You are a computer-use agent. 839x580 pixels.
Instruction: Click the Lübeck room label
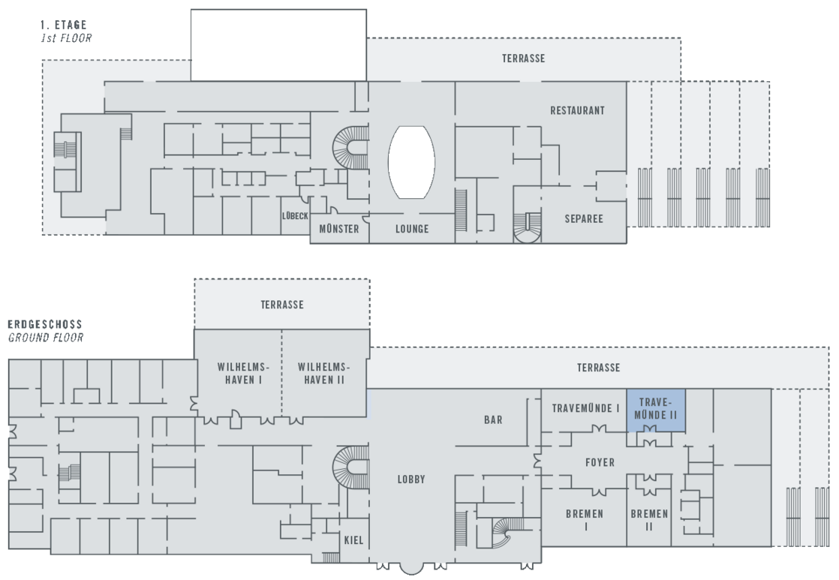click(295, 215)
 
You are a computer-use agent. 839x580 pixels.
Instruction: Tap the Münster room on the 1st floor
click(339, 229)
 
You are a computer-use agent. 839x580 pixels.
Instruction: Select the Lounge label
click(412, 229)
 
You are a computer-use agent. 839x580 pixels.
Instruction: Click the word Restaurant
click(577, 110)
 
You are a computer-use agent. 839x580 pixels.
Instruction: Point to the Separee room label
click(584, 219)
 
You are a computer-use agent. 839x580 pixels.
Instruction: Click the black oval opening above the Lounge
click(411, 162)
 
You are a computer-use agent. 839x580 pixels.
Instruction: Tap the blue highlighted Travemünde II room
click(656, 408)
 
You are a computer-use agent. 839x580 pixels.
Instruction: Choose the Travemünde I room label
click(586, 408)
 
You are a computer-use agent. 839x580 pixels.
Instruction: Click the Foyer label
click(600, 462)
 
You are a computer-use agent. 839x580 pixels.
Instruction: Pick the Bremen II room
click(649, 520)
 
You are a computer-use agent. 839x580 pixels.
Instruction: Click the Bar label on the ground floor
click(493, 420)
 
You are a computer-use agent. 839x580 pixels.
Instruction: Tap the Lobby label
click(412, 479)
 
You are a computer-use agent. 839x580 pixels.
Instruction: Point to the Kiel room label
click(353, 540)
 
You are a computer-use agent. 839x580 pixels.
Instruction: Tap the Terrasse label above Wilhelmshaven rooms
click(282, 305)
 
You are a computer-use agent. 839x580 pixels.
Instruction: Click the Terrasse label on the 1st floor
click(524, 59)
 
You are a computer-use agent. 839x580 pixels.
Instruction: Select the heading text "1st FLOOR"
click(65, 37)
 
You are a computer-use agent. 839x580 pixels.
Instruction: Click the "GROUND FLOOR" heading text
click(45, 338)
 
